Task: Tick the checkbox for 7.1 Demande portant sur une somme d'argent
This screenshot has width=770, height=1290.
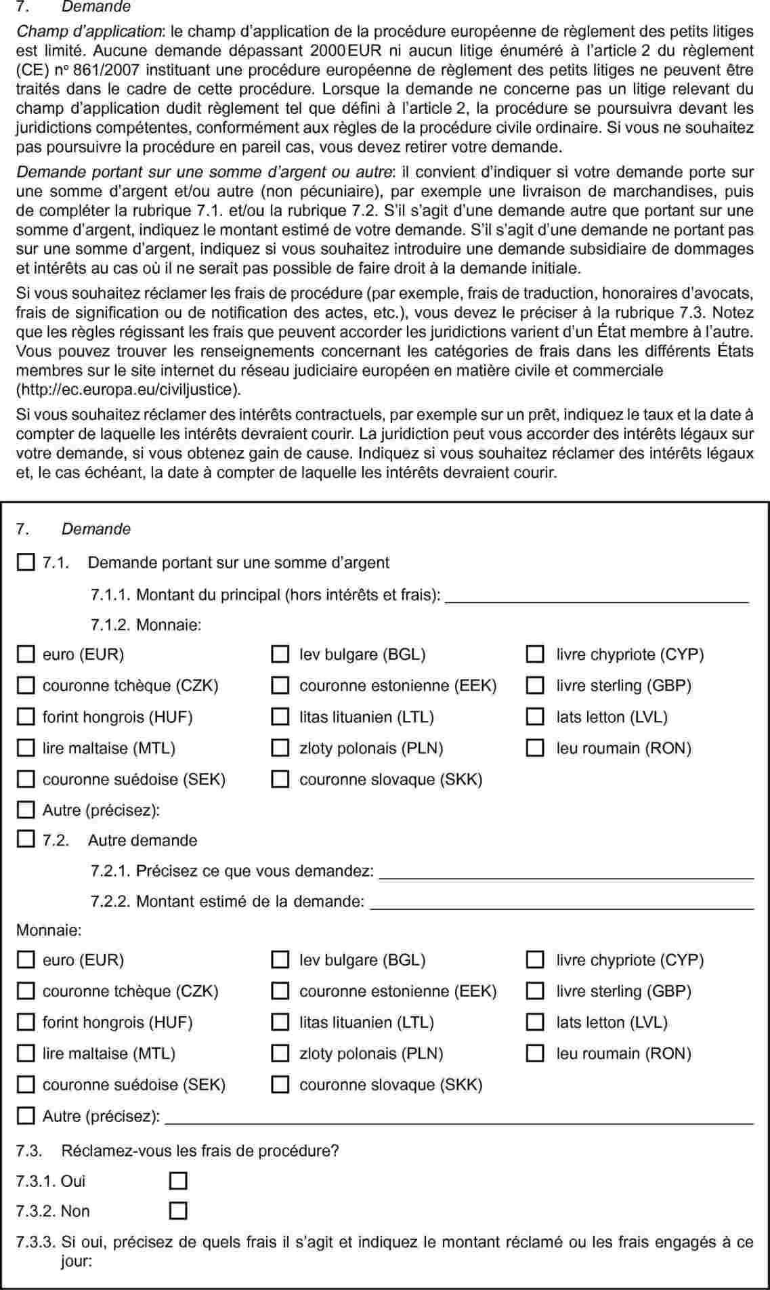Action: [x=25, y=562]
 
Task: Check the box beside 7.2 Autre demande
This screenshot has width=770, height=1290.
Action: [x=25, y=840]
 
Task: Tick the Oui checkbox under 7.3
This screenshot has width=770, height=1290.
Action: [x=178, y=1181]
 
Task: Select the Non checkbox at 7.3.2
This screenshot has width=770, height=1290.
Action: [x=178, y=1211]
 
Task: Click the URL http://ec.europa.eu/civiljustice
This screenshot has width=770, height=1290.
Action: [x=129, y=390]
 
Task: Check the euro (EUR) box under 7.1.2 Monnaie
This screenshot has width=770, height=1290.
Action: [x=25, y=654]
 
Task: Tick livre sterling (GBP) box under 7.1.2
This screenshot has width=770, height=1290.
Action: [x=535, y=686]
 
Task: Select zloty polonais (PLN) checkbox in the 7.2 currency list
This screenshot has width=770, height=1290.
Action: [x=280, y=1054]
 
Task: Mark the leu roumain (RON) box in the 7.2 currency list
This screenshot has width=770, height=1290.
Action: [x=535, y=1054]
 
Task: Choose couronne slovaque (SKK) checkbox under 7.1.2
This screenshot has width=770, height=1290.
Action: [x=280, y=779]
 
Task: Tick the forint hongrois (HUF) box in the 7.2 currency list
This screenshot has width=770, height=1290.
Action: [x=25, y=1022]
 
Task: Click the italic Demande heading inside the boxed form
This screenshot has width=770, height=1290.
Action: [x=96, y=529]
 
